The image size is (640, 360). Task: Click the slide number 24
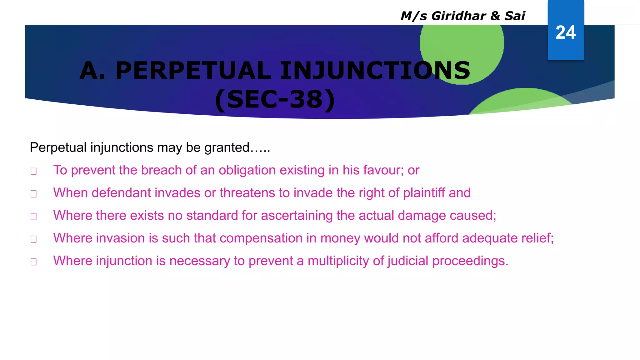(x=565, y=32)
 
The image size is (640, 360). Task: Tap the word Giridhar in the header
(x=458, y=16)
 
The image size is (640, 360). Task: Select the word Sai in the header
(x=515, y=16)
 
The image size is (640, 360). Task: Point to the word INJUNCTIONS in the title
(x=375, y=71)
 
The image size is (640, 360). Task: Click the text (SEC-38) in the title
(x=275, y=100)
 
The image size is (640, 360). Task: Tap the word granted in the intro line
(x=227, y=147)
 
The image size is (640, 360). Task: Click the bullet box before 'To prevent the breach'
(x=34, y=171)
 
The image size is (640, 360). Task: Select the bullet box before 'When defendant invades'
(x=34, y=194)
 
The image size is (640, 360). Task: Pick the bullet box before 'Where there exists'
(x=34, y=217)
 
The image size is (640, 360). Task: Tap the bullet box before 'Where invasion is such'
(x=34, y=239)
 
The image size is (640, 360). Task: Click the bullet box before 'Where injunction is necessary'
(x=34, y=262)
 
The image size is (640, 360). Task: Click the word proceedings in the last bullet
(x=470, y=261)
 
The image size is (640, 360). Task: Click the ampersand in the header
(x=495, y=16)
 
